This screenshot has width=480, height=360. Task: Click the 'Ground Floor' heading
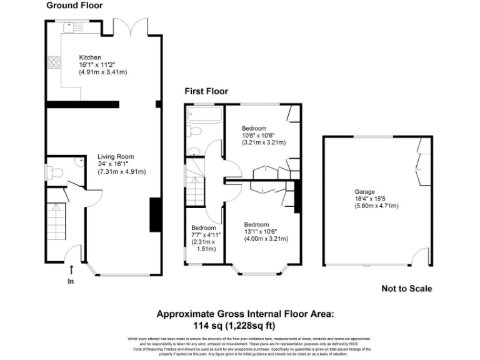point(74,6)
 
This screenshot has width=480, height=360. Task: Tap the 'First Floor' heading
point(206,91)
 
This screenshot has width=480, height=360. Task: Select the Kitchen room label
point(90,57)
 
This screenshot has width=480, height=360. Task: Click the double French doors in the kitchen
point(130,27)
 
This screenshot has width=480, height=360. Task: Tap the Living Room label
point(116,157)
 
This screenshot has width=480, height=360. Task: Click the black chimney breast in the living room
point(153,216)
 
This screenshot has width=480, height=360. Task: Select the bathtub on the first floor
point(205,115)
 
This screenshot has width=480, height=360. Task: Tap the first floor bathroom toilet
point(194,131)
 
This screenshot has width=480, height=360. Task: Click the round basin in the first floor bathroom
point(193,150)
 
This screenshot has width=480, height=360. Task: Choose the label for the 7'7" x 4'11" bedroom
point(204,227)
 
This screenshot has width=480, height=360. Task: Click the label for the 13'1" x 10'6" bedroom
point(256,225)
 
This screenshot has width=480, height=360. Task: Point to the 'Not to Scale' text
point(406,289)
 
